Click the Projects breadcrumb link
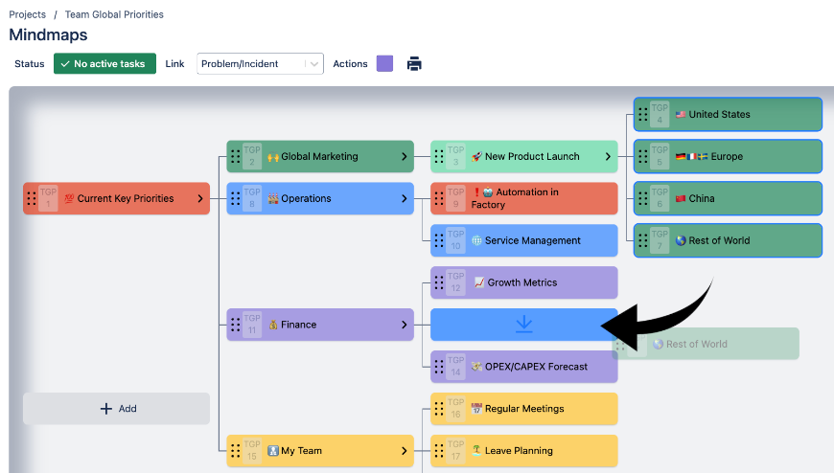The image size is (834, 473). (27, 14)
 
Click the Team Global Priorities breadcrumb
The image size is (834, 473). (114, 14)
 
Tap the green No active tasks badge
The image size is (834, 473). (104, 64)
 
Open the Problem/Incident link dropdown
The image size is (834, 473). (260, 64)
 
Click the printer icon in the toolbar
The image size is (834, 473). (414, 64)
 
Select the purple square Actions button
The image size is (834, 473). (384, 64)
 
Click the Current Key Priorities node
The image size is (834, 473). (125, 199)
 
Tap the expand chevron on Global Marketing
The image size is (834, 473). (404, 157)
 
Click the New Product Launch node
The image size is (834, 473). (532, 157)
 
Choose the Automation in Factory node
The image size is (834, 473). (527, 199)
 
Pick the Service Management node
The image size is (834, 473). (532, 241)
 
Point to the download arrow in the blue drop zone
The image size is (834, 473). (523, 325)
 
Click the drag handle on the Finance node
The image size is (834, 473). (235, 325)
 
